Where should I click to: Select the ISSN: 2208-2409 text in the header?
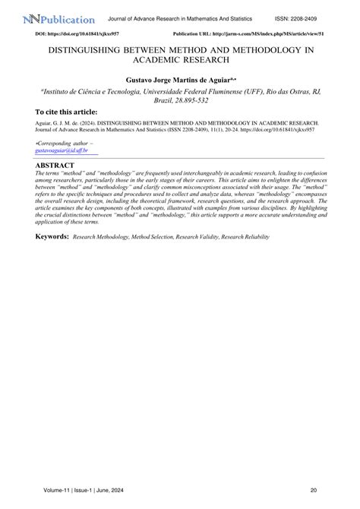pos(317,18)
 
